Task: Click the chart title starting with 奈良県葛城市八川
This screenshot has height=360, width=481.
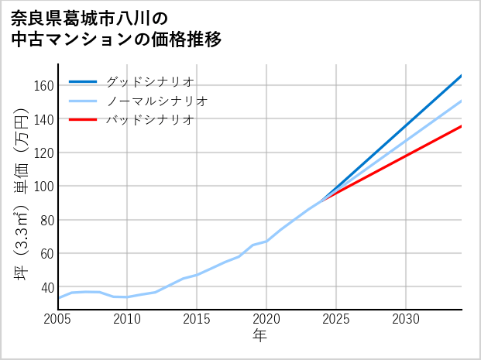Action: (x=116, y=29)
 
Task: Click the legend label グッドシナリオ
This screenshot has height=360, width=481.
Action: (x=149, y=81)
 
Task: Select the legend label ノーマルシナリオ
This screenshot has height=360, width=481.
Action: (x=156, y=101)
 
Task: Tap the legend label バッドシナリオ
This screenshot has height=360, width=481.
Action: (x=149, y=120)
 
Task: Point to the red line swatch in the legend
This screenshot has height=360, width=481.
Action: (x=83, y=120)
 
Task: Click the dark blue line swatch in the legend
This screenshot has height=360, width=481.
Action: (x=83, y=81)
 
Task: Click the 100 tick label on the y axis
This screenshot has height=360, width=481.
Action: (x=43, y=186)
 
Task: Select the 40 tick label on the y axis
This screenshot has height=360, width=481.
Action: (x=46, y=286)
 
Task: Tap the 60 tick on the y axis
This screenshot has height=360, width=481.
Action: (x=46, y=253)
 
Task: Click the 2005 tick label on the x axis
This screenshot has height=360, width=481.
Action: (x=58, y=319)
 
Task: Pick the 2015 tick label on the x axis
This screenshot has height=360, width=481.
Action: (x=197, y=319)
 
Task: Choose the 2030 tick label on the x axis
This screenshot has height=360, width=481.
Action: (x=406, y=319)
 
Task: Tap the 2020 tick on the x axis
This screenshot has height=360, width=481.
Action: (x=266, y=319)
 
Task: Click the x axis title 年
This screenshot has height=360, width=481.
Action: (x=259, y=337)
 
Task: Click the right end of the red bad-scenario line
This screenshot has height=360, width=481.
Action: (x=461, y=125)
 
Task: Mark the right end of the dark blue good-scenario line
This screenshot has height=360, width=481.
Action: (x=461, y=76)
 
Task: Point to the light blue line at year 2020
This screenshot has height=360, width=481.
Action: (x=266, y=241)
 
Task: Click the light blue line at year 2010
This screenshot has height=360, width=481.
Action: (x=127, y=297)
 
